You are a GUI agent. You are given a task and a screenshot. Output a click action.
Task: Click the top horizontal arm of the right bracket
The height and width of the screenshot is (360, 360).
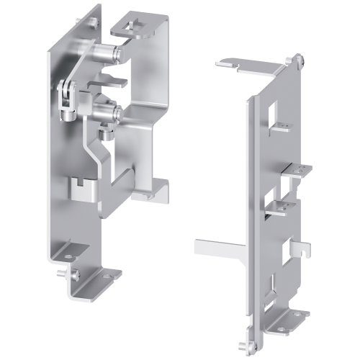(248, 66)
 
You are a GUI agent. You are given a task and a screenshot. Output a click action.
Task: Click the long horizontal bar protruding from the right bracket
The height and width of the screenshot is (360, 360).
(220, 247)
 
